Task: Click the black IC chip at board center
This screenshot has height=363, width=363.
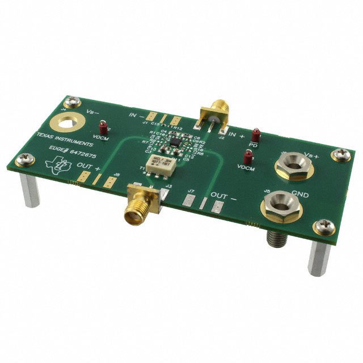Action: coord(174,146)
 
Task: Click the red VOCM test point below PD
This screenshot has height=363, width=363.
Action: coord(247,158)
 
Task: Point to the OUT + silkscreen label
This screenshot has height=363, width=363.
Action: coord(90,168)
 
